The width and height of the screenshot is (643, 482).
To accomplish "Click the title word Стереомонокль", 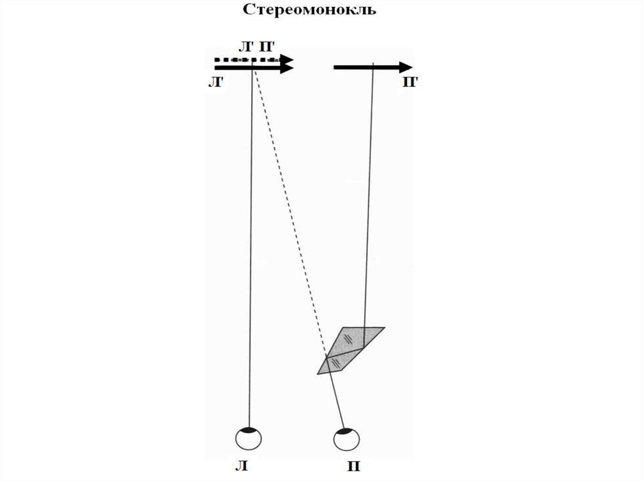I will tap(310, 11).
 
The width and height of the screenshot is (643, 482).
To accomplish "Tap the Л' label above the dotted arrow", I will tap(246, 47).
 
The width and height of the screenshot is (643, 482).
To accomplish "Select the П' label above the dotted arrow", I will tap(266, 47).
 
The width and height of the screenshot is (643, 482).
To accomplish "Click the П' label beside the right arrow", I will tap(409, 83).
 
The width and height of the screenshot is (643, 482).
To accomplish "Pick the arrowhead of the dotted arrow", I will tap(288, 59).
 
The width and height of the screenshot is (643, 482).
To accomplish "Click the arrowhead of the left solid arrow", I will tap(287, 68).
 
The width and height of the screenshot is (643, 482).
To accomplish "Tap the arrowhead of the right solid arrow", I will tap(405, 67).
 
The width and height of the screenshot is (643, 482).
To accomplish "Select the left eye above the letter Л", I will tap(249, 438).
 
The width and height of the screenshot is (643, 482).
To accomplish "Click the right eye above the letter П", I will tap(347, 439).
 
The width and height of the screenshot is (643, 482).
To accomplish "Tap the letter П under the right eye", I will tap(352, 467).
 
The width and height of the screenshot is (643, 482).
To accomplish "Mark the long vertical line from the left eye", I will tap(252, 251).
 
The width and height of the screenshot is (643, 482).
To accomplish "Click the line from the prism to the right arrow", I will tap(369, 201).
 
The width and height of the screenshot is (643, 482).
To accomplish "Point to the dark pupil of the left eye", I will tap(249, 430).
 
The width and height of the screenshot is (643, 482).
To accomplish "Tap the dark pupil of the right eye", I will tap(345, 432).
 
